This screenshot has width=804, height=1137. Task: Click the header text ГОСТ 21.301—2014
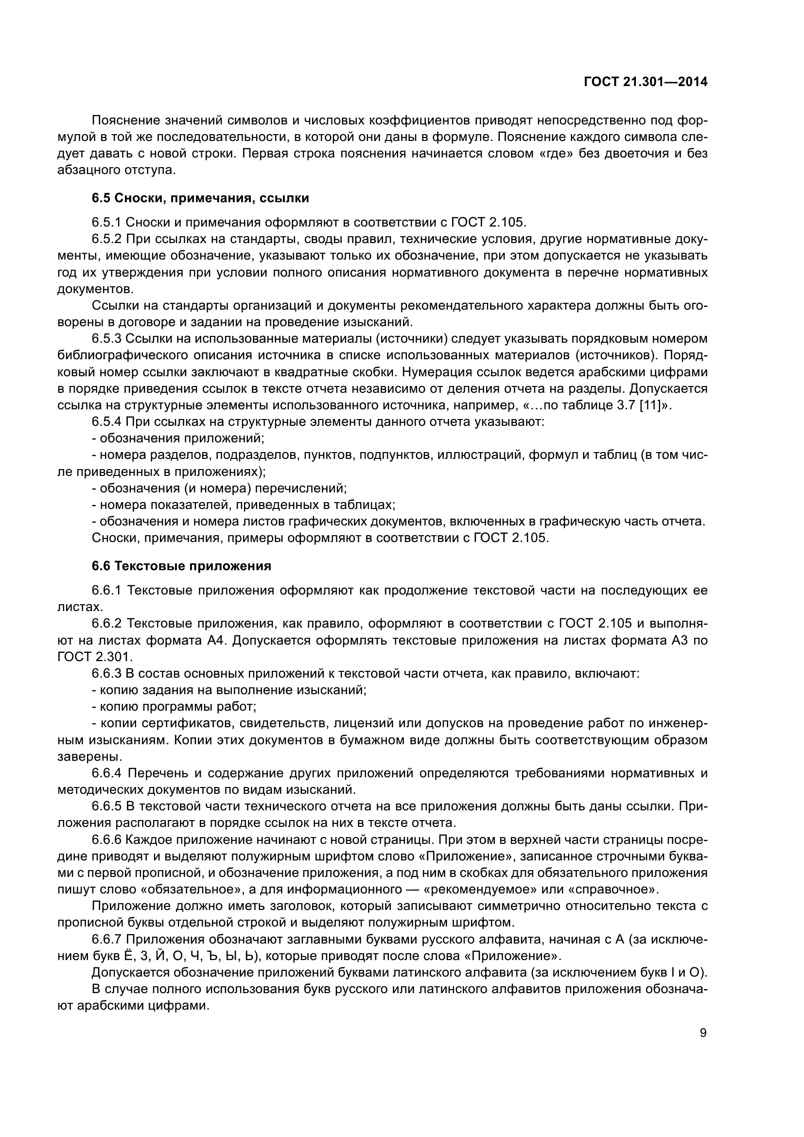646,82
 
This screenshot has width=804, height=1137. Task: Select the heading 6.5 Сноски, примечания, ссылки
200,198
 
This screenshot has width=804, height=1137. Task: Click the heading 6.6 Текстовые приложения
181,566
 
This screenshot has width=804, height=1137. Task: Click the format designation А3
680,640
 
